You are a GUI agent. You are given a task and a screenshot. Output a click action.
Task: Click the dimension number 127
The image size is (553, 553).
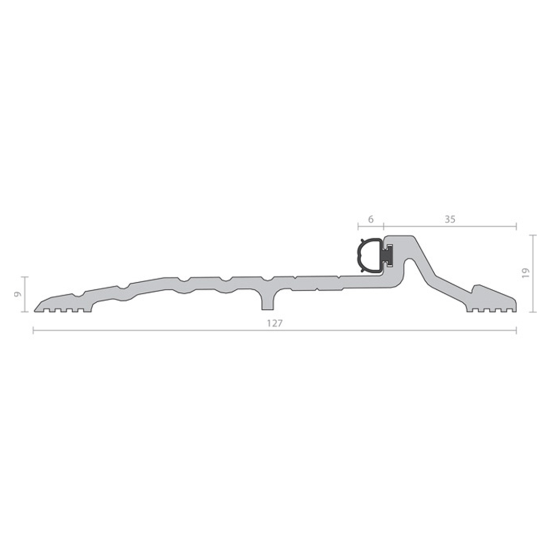coord(274,323)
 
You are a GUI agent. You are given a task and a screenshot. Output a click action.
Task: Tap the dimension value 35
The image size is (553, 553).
coord(450,219)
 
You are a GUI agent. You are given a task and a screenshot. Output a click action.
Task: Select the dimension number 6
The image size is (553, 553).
coord(371,219)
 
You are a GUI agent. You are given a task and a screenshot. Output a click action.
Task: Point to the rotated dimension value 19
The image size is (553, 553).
coord(525,273)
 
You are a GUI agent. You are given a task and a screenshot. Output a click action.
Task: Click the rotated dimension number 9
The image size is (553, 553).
coord(18,294)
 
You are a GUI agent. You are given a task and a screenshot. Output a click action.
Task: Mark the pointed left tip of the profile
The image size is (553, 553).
coord(35,309)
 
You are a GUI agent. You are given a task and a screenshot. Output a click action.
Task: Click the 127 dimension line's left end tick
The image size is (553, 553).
coord(33,331)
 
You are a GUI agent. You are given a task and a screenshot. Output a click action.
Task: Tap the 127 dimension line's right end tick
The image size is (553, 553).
coord(516,331)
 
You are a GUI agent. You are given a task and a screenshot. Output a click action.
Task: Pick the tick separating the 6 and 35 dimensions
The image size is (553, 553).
coord(384,225)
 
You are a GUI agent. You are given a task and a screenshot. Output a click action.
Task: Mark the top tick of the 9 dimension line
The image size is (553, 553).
coord(26,277)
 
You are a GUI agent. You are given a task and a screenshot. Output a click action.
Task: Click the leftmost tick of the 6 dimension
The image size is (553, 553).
coord(358,225)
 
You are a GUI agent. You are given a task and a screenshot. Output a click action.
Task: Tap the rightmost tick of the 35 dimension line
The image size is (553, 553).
coord(516,225)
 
